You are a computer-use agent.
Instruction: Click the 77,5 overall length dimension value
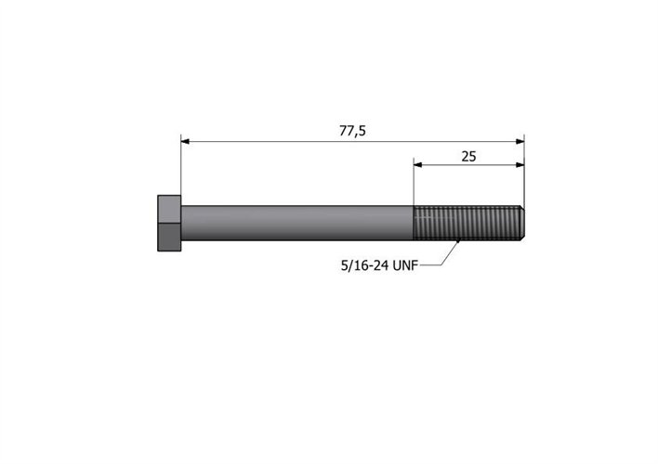pyautogui.click(x=351, y=130)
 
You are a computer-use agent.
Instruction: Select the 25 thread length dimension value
pyautogui.click(x=468, y=155)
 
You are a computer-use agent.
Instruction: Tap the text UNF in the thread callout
pyautogui.click(x=403, y=264)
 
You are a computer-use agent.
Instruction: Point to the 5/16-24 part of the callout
pyautogui.click(x=363, y=264)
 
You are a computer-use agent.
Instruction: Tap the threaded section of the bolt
pyautogui.click(x=465, y=223)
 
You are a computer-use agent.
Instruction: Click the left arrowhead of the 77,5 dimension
pyautogui.click(x=186, y=141)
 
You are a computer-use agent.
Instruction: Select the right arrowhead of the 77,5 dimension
pyautogui.click(x=519, y=141)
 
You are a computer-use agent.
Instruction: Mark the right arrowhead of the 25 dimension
pyautogui.click(x=519, y=166)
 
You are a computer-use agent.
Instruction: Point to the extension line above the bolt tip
pyautogui.click(x=524, y=181)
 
